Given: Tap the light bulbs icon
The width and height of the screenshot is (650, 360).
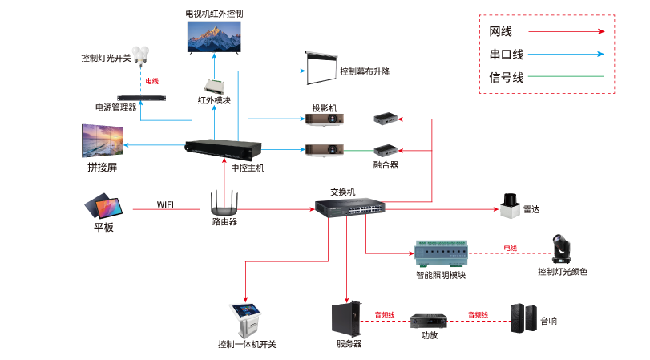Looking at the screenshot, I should tap(142, 55).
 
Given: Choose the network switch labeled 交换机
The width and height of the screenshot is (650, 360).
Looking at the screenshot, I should tap(349, 206).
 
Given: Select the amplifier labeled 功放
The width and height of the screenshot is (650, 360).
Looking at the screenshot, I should tap(428, 322).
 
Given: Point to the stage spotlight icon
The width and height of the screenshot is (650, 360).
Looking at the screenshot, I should tap(560, 250).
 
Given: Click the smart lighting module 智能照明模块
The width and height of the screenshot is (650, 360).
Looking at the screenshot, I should tap(439, 255).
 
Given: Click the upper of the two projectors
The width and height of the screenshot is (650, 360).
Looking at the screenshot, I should tap(325, 119).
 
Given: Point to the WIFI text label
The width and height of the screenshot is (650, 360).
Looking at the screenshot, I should tap(165, 204).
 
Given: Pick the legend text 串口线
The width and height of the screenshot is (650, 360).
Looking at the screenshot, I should tap(506, 55).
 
